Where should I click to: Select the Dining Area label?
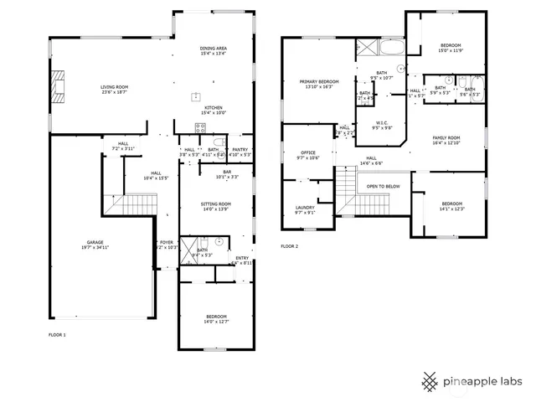tap(214, 49)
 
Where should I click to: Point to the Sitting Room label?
tap(215, 204)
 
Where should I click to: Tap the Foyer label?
tap(167, 242)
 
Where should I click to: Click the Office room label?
tap(307, 152)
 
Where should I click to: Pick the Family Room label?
tap(446, 138)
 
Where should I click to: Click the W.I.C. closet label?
tap(382, 123)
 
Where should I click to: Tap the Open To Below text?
tap(383, 186)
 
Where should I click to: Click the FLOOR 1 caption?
tap(57, 334)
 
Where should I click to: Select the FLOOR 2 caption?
tap(289, 246)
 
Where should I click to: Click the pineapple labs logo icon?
tap(430, 381)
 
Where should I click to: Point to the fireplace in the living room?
tap(57, 85)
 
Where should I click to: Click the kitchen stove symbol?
tap(200, 127)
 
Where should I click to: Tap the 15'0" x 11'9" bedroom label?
tap(451, 48)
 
